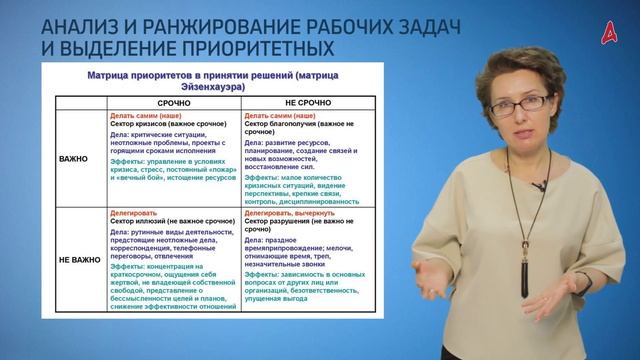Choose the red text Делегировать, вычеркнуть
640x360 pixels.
point(294,211)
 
